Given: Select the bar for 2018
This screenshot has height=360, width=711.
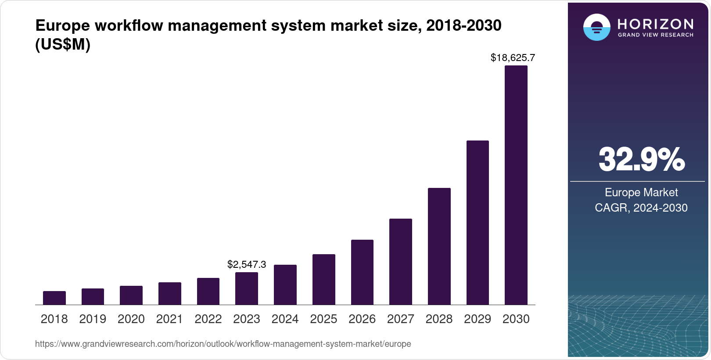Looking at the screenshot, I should coord(54,298).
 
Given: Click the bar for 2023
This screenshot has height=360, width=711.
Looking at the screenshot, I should coord(247,288).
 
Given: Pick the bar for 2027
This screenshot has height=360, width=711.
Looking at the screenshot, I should coord(401,262).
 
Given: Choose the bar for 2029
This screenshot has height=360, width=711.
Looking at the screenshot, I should coord(478,223).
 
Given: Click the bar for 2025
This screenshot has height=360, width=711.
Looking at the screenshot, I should coord(324,279).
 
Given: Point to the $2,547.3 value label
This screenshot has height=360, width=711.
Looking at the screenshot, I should coord(247,264).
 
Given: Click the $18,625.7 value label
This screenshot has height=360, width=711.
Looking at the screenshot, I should coord(513,58).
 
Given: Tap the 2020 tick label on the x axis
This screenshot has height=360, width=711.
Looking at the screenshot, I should coord(131,319).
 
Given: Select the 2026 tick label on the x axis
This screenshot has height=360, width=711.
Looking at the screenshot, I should coord(362,319).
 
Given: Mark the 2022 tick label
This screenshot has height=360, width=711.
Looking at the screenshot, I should coord(208,319).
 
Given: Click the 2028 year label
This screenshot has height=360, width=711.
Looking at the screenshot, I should coord(439,319).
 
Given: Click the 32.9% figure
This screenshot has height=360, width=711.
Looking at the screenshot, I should coord(641,159).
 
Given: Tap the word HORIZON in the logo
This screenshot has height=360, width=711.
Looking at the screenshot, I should coord(656,24).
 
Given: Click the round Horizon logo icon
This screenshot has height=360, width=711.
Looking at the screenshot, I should coord(596,27).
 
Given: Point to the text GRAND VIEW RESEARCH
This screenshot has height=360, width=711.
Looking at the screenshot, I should coord(656,35).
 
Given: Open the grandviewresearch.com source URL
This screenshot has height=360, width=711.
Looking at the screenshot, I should coord(223,344).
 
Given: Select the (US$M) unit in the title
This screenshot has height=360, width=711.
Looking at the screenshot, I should coord(63,44).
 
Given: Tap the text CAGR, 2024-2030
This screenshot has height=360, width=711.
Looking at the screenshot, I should coord(641,208).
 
